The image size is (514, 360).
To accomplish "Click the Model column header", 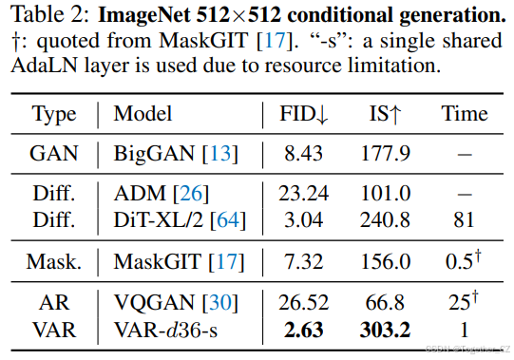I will pyautogui.click(x=143, y=114).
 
